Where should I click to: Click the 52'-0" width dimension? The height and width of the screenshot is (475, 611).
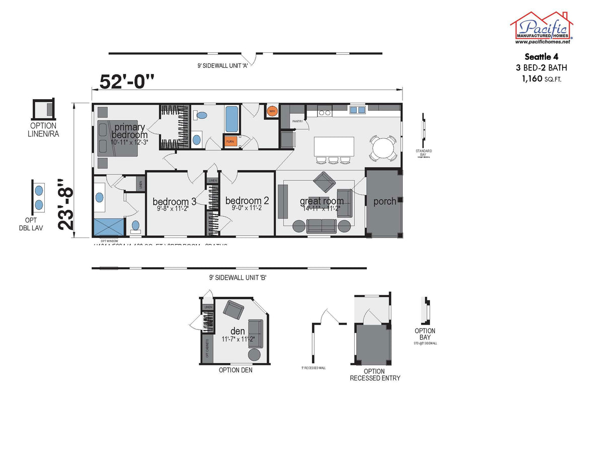[x=126, y=81]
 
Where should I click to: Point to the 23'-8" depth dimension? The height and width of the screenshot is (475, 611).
[x=66, y=204]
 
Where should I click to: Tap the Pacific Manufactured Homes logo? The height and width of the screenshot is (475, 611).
[x=541, y=28]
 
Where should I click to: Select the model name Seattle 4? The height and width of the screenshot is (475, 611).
[x=541, y=57]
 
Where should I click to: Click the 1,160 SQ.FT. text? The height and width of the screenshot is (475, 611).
[x=541, y=79]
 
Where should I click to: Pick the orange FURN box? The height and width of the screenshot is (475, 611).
[x=230, y=142]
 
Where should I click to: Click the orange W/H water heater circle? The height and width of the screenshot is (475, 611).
[x=272, y=111]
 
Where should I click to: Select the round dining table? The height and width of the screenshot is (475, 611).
[x=384, y=148]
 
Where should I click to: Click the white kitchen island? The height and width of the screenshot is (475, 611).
[x=334, y=146]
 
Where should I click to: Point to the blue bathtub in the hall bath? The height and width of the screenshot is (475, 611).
[x=232, y=119]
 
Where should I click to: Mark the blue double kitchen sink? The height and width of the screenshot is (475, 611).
[x=357, y=110]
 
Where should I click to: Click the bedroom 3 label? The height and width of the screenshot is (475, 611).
[x=174, y=201]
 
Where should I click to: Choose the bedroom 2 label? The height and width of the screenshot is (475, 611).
[x=247, y=200]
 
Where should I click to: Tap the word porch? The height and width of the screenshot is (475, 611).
[x=385, y=201]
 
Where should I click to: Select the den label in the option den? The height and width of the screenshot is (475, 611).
[x=238, y=331]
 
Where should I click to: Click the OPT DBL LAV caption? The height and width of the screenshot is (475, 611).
[x=38, y=223]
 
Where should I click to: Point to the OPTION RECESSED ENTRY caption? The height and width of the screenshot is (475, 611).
[x=375, y=374]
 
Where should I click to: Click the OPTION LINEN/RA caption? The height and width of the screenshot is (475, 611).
[x=43, y=130]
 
